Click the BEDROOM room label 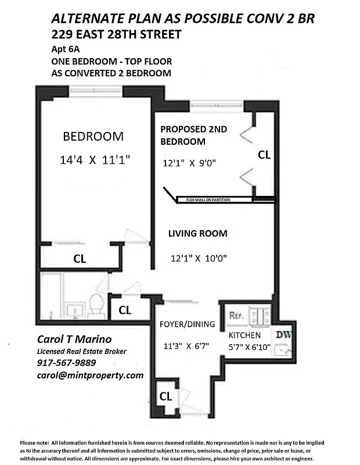pos(93,137)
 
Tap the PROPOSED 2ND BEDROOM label pos(193,135)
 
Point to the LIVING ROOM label pos(197,234)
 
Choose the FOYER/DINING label pos(187,324)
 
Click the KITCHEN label pos(244,335)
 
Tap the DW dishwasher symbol pos(283,335)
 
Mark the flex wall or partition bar pos(215,199)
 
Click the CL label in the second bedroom pos(264,155)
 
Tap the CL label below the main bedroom pos(80,259)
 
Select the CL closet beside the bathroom pos(125,310)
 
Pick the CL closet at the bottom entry pos(165,396)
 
